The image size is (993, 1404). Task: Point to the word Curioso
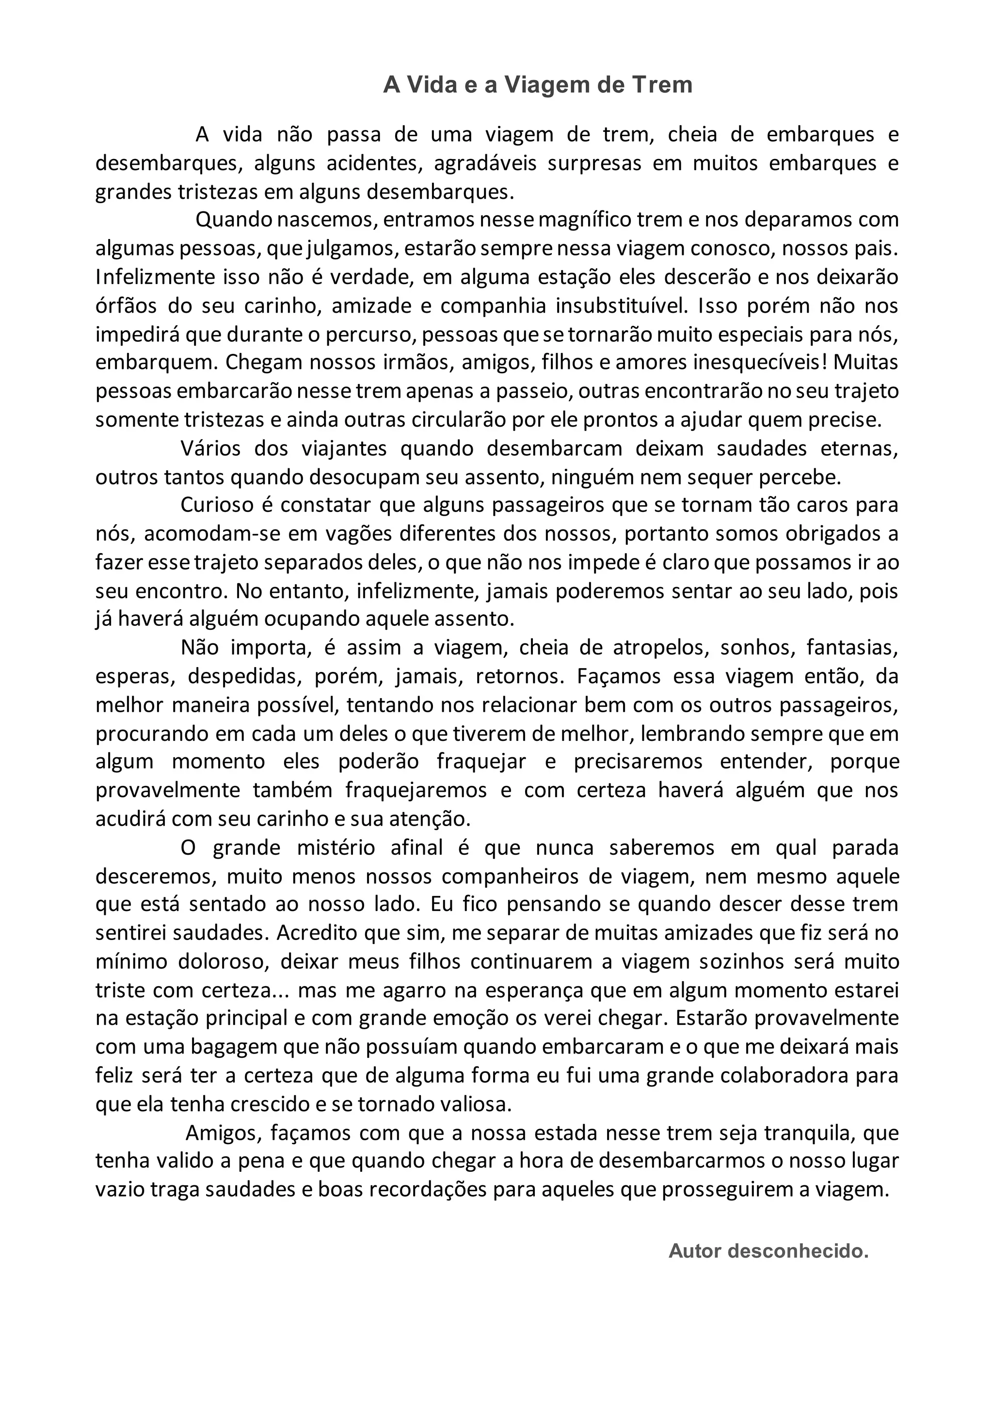point(217,505)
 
